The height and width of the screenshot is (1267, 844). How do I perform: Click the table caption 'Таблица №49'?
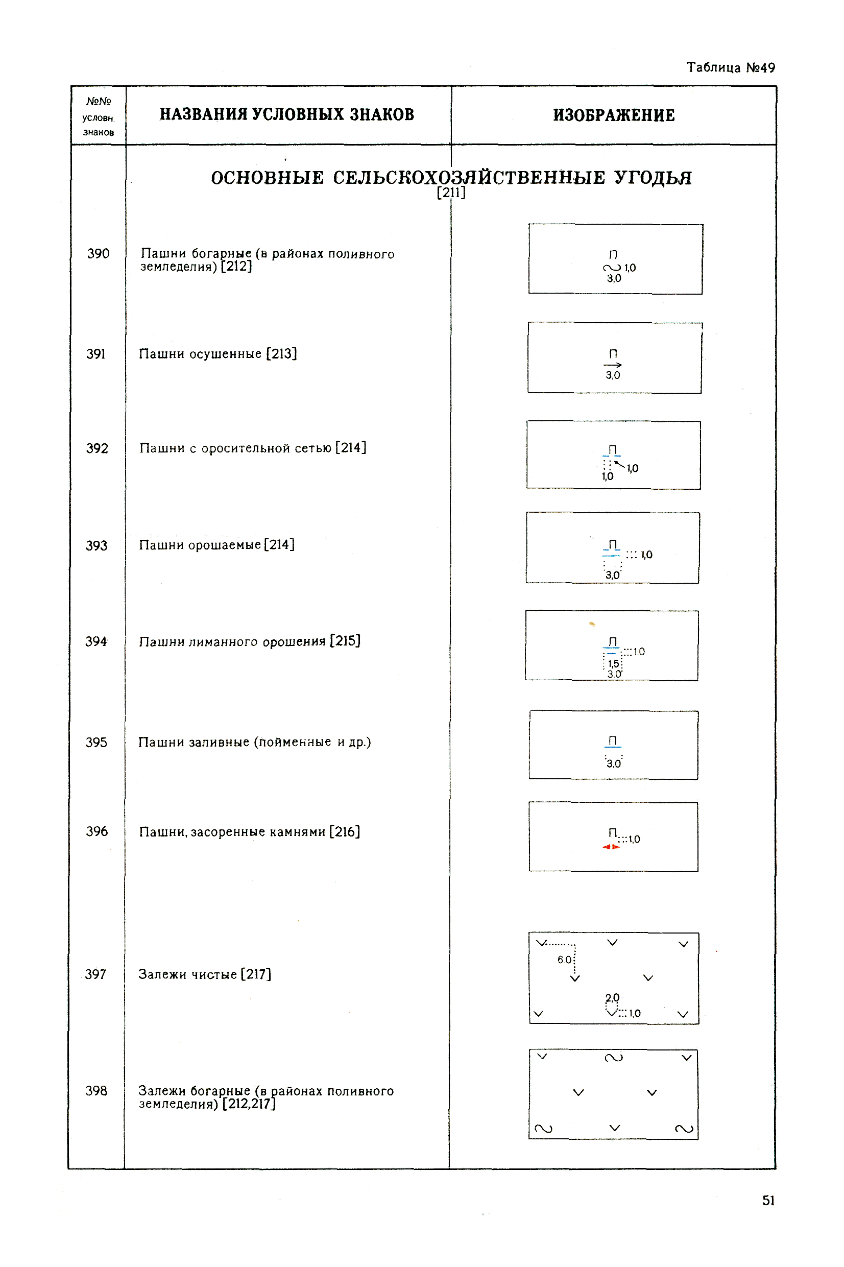pyautogui.click(x=731, y=68)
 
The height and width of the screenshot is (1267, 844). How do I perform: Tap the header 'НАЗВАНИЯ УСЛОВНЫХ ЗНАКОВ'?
pyautogui.click(x=287, y=114)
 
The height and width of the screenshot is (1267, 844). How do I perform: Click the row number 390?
pyautogui.click(x=98, y=253)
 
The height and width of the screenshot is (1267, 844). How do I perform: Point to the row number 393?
pyautogui.click(x=97, y=546)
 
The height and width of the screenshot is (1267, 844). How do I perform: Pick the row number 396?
pyautogui.click(x=97, y=831)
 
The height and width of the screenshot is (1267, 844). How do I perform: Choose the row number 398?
pyautogui.click(x=97, y=1091)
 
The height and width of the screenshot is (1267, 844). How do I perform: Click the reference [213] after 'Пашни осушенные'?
pyautogui.click(x=281, y=353)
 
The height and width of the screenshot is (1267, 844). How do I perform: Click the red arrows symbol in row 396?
pyautogui.click(x=611, y=847)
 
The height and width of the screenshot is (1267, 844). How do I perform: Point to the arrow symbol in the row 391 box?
pyautogui.click(x=613, y=365)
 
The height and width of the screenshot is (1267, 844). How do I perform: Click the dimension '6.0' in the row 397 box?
pyautogui.click(x=564, y=960)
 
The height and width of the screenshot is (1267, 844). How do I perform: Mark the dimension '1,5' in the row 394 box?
pyautogui.click(x=613, y=664)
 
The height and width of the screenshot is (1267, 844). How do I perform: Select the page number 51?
pyautogui.click(x=768, y=1200)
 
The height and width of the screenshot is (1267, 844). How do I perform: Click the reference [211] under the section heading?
pyautogui.click(x=451, y=193)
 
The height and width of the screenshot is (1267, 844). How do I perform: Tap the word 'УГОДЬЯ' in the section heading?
pyautogui.click(x=653, y=178)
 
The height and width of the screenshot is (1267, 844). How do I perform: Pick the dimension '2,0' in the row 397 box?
pyautogui.click(x=613, y=997)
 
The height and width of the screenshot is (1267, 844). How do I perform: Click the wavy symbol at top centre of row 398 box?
pyautogui.click(x=614, y=1058)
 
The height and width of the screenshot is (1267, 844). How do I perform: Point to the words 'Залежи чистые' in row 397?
pyautogui.click(x=187, y=974)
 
